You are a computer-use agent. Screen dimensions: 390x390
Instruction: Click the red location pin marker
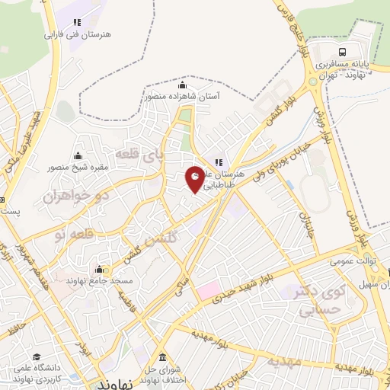click(196, 179)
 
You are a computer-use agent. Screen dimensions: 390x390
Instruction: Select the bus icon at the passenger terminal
click(344, 51)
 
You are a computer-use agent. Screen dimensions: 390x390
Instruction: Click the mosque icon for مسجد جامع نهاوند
click(100, 269)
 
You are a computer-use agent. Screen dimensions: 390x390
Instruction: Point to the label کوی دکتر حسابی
click(320, 301)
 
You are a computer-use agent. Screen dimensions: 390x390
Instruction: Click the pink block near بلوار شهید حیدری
click(208, 291)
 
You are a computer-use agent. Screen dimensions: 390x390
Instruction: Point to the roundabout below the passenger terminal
click(313, 81)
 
